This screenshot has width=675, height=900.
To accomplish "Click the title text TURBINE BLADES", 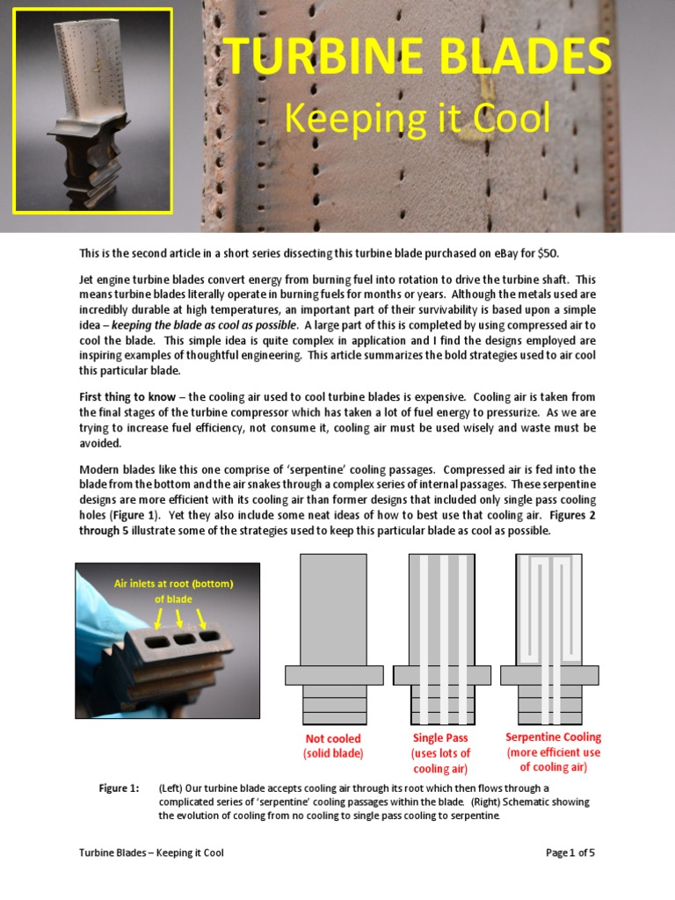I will tap(417, 57).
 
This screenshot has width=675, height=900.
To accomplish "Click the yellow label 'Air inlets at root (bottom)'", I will tap(174, 584).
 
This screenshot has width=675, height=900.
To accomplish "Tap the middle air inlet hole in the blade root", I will tap(186, 639).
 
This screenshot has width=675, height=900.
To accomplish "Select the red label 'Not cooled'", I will tap(333, 739).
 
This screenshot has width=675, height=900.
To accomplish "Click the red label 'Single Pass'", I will tap(440, 738).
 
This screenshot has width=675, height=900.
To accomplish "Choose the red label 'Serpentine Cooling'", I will tap(553, 737).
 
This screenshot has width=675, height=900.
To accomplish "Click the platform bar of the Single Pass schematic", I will tap(441, 675).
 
